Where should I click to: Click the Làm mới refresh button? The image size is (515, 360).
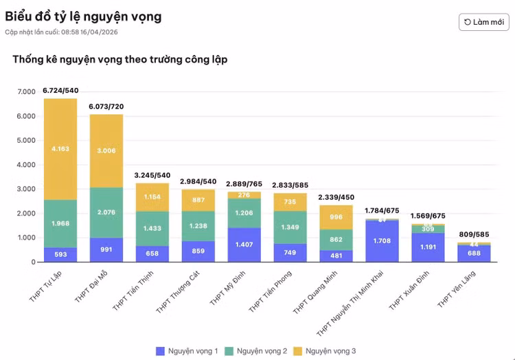click(484, 22)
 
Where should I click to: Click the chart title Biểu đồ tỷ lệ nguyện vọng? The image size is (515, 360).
click(83, 16)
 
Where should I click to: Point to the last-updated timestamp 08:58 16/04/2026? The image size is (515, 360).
click(89, 32)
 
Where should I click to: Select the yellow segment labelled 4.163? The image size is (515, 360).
click(60, 148)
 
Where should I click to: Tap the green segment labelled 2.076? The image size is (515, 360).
click(106, 212)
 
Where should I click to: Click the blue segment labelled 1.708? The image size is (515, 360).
click(382, 241)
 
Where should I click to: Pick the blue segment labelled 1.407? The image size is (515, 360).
click(244, 244)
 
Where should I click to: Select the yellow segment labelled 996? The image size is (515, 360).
click(336, 217)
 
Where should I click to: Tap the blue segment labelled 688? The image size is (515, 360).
click(474, 254)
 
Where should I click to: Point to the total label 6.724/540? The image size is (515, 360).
click(60, 91)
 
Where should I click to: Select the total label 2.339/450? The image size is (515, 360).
click(336, 198)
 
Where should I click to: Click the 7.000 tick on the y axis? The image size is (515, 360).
click(27, 92)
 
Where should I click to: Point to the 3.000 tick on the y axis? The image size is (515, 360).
click(27, 189)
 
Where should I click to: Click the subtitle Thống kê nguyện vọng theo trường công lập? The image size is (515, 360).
click(120, 60)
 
